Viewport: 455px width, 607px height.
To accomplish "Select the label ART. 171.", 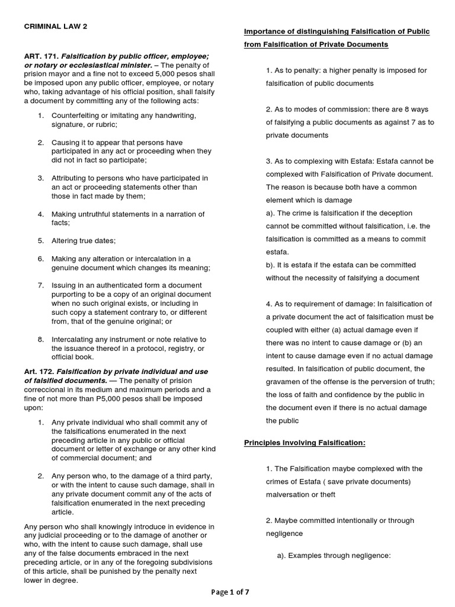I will (x=41, y=56).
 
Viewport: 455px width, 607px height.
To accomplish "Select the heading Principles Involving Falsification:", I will (x=305, y=443).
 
